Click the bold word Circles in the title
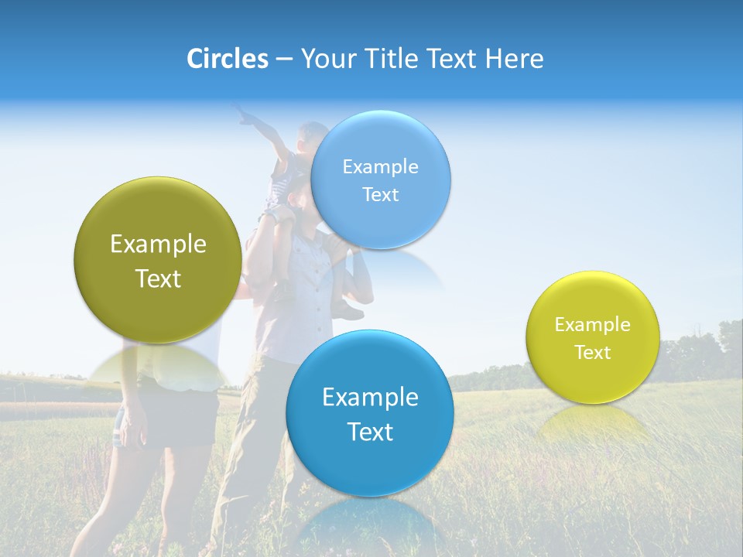click(x=228, y=59)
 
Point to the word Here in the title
click(x=515, y=59)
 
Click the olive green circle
click(x=158, y=260)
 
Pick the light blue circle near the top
click(x=380, y=179)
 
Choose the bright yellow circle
click(x=593, y=337)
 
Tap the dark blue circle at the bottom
click(x=370, y=413)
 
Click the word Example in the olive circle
click(x=158, y=244)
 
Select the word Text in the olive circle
click(x=158, y=278)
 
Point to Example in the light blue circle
click(x=380, y=166)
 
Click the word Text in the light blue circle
click(x=380, y=194)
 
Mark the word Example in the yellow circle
click(x=593, y=325)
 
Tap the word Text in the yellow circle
click(x=593, y=353)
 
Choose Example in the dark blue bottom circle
click(x=370, y=398)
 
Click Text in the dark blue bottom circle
click(x=370, y=432)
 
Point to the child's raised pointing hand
click(x=245, y=116)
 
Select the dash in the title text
click(x=284, y=59)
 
